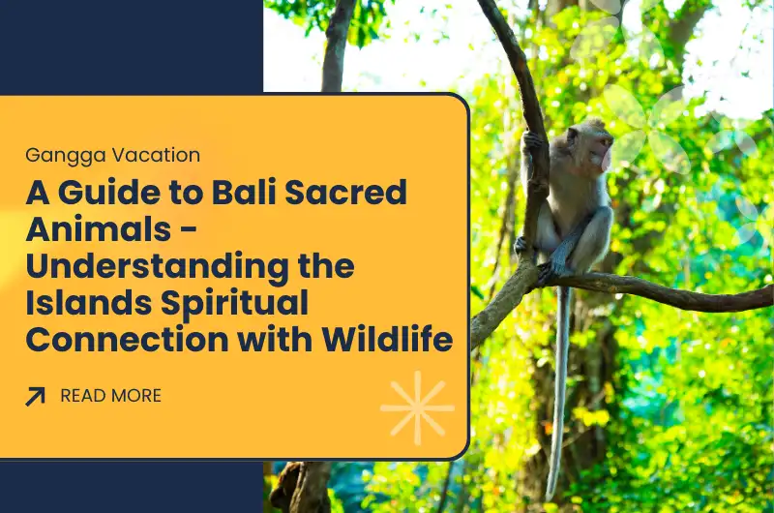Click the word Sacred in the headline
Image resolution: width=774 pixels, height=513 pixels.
click(359, 193)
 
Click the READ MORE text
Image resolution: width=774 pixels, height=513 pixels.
click(110, 396)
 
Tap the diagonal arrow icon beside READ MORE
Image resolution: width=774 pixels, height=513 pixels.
click(36, 396)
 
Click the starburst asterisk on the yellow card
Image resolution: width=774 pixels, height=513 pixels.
click(417, 407)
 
